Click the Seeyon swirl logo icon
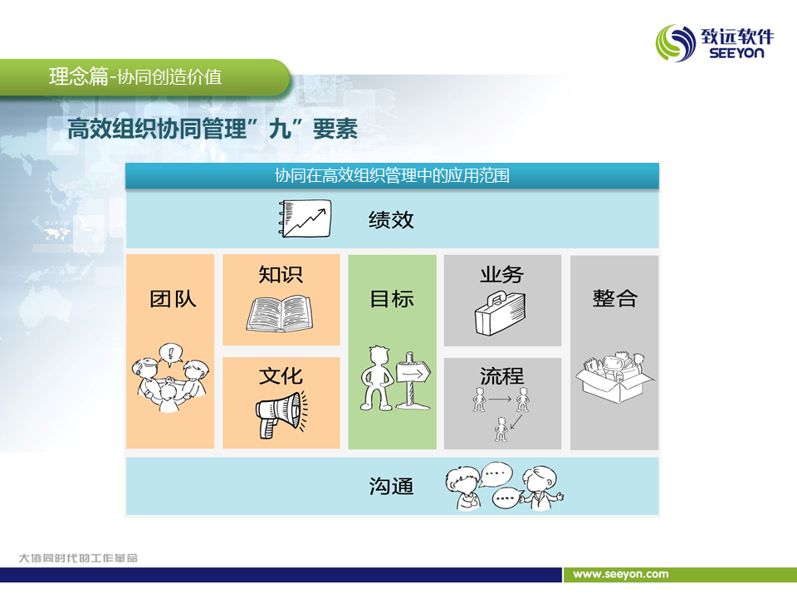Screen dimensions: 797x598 (676, 43)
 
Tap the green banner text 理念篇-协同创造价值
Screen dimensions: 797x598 (135, 76)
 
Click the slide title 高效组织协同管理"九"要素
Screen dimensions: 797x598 (213, 128)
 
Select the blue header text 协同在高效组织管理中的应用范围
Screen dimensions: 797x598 (392, 175)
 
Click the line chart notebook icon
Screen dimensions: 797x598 (305, 218)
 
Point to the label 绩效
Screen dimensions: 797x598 (391, 220)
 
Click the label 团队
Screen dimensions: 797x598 (173, 298)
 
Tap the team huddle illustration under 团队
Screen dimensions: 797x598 (169, 377)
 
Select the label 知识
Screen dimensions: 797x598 (281, 275)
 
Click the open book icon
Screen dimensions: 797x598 (280, 315)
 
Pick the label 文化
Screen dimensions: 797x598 (281, 376)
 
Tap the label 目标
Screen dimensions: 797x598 (392, 298)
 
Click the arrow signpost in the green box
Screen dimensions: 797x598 (413, 380)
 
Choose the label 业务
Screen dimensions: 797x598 (501, 275)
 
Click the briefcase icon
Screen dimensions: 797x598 (500, 313)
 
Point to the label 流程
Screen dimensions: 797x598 (501, 376)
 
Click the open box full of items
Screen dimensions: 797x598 (614, 377)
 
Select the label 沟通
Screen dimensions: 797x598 (391, 486)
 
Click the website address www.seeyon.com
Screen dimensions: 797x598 (621, 574)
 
